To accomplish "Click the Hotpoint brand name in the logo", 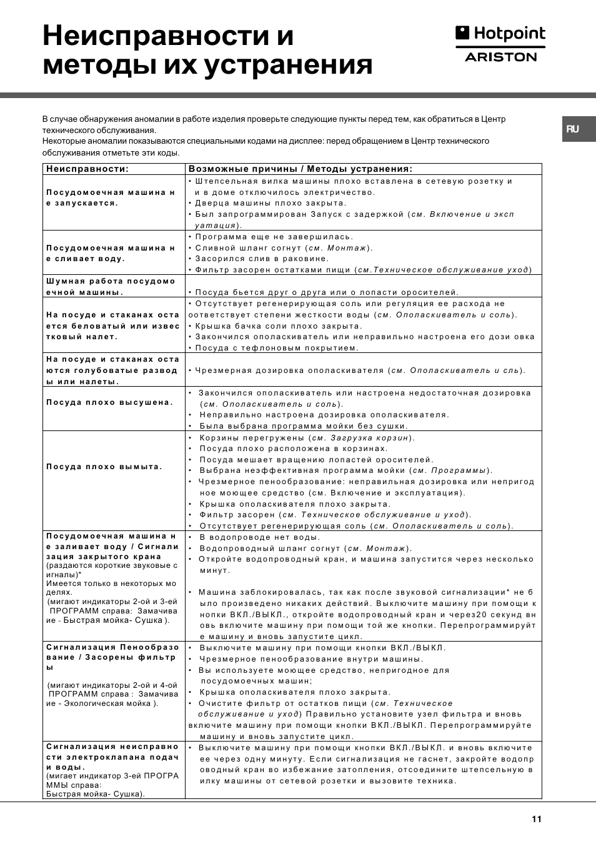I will click(509, 34).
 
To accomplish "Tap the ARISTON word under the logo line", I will click(501, 57).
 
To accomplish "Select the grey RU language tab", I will click(573, 129).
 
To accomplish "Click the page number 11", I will click(536, 819).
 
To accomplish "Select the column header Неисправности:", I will click(87, 169).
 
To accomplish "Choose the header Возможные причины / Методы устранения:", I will click(300, 169).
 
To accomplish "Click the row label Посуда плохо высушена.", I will click(109, 402).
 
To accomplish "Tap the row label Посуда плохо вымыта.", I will click(104, 467).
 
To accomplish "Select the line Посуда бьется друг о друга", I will click(327, 292).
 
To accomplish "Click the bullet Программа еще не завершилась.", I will click(274, 237).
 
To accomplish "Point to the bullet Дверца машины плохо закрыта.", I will click(270, 203).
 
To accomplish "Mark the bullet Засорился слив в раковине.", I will click(261, 259).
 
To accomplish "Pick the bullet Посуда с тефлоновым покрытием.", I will click(276, 348).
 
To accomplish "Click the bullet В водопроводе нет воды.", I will click(259, 537).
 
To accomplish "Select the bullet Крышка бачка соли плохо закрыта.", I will click(278, 326).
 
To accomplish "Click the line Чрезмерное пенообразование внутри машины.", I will click(311, 659).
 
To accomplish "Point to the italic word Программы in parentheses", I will click(459, 470).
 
